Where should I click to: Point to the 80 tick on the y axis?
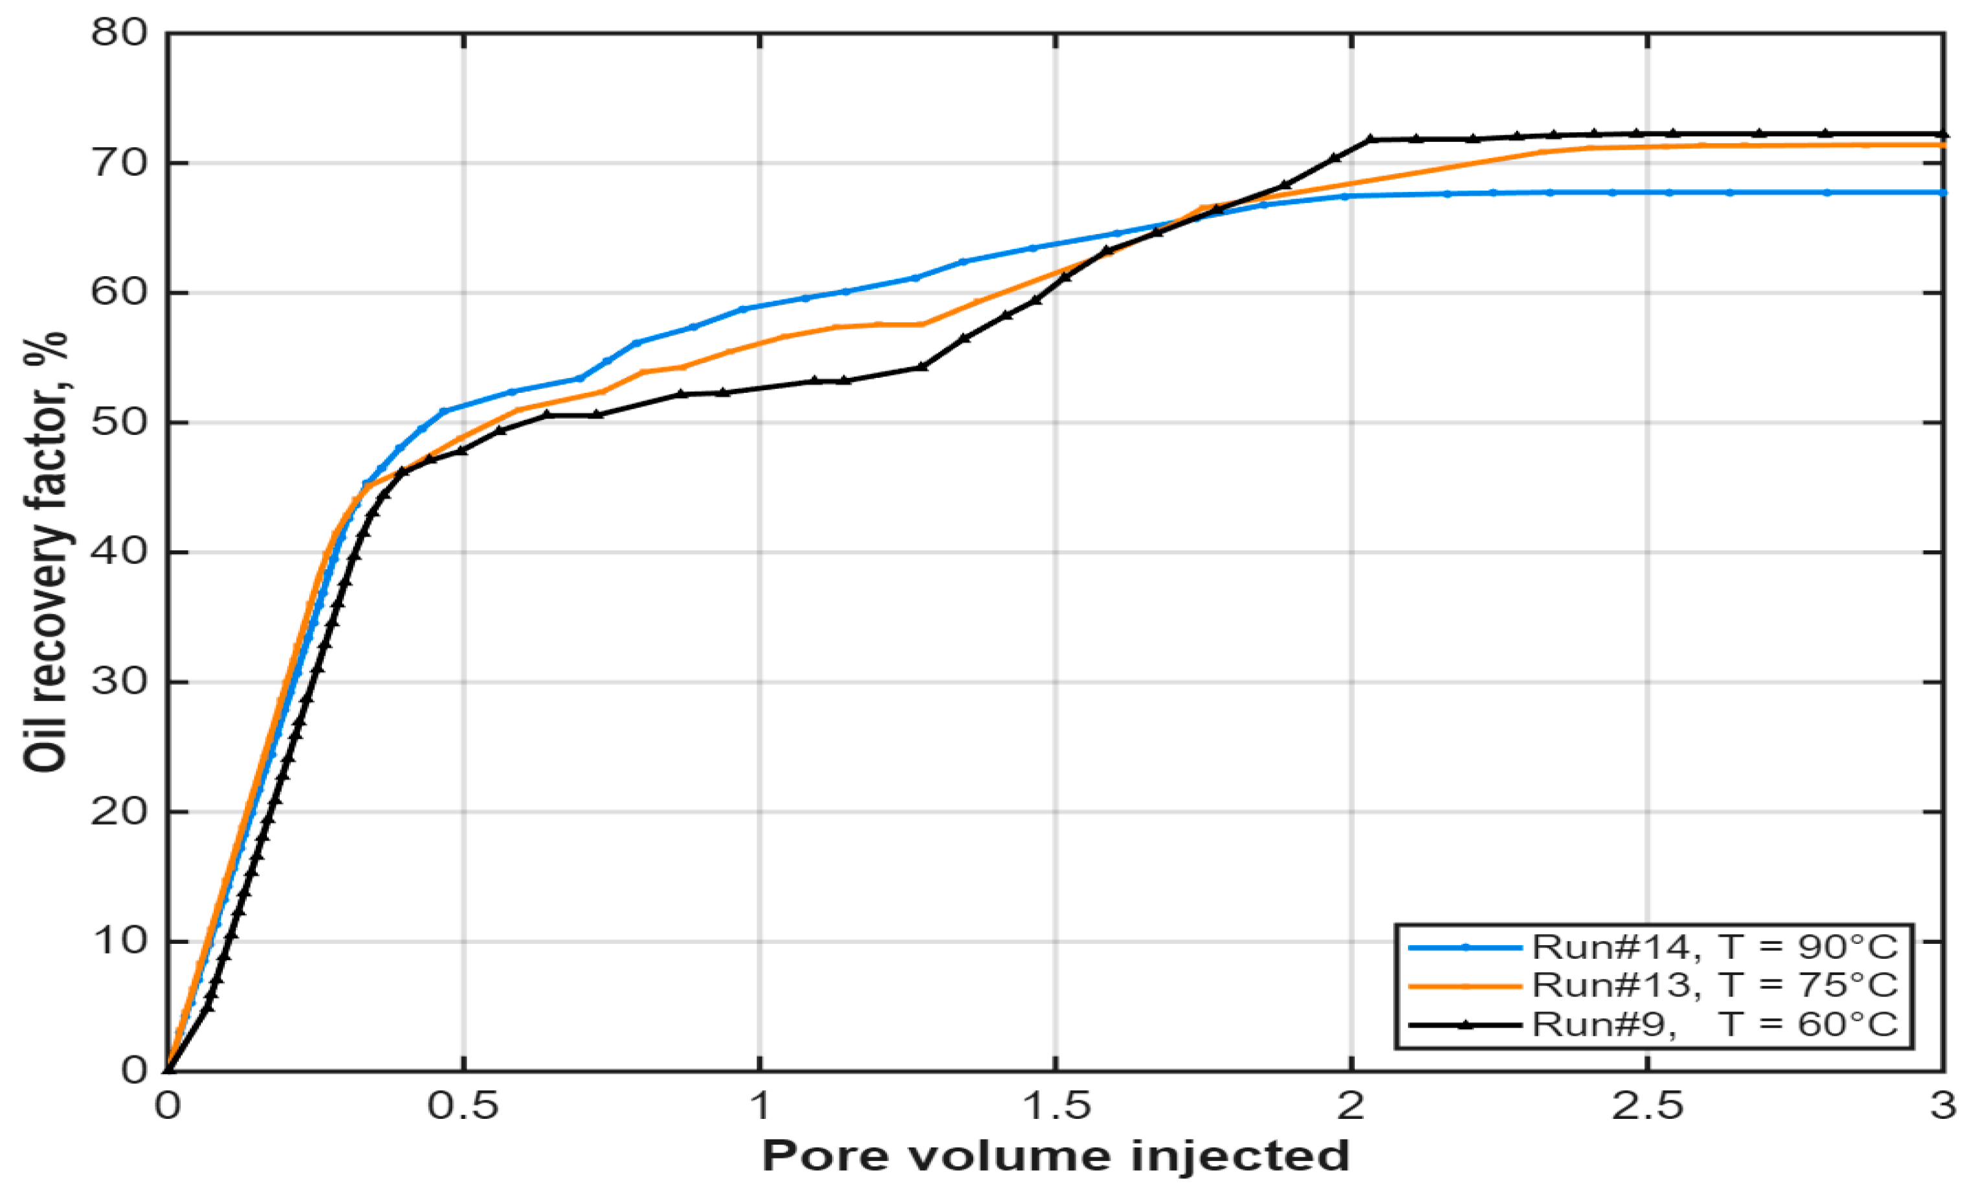pos(119,33)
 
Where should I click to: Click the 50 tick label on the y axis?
pos(119,422)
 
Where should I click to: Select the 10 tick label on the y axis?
pos(119,941)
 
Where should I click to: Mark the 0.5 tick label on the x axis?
pos(463,1107)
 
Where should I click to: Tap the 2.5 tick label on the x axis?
pos(1647,1107)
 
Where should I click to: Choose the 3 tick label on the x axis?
pos(1942,1107)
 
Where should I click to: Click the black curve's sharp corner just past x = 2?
pos(1371,139)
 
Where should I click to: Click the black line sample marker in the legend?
pos(1466,1024)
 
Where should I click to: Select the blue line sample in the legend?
pos(1466,948)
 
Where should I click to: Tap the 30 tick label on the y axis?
pos(119,682)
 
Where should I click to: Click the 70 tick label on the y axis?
pos(119,163)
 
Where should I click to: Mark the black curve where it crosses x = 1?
pos(759,388)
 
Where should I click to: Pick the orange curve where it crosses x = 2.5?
pos(1647,147)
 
